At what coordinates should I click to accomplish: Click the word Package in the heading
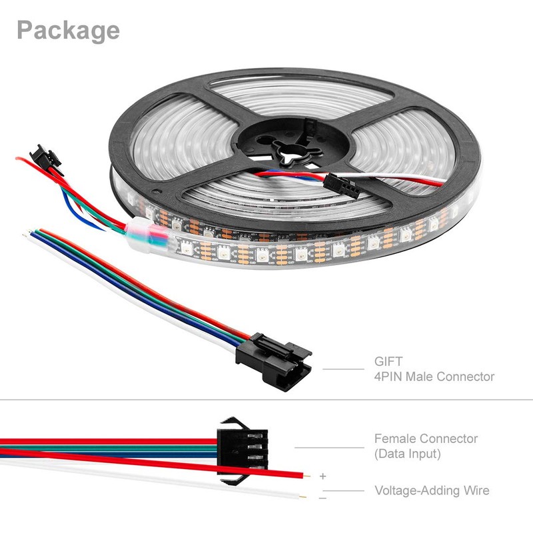point(68,30)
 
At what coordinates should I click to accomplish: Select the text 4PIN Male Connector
point(434,377)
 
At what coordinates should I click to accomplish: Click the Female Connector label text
point(426,439)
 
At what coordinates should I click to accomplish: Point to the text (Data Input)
point(408,454)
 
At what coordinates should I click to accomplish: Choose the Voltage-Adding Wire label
point(432,491)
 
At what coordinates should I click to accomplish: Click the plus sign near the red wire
point(323,476)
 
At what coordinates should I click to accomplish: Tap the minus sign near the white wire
point(323,498)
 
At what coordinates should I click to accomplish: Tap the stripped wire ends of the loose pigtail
point(27,233)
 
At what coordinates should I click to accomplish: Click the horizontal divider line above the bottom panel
point(266,400)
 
